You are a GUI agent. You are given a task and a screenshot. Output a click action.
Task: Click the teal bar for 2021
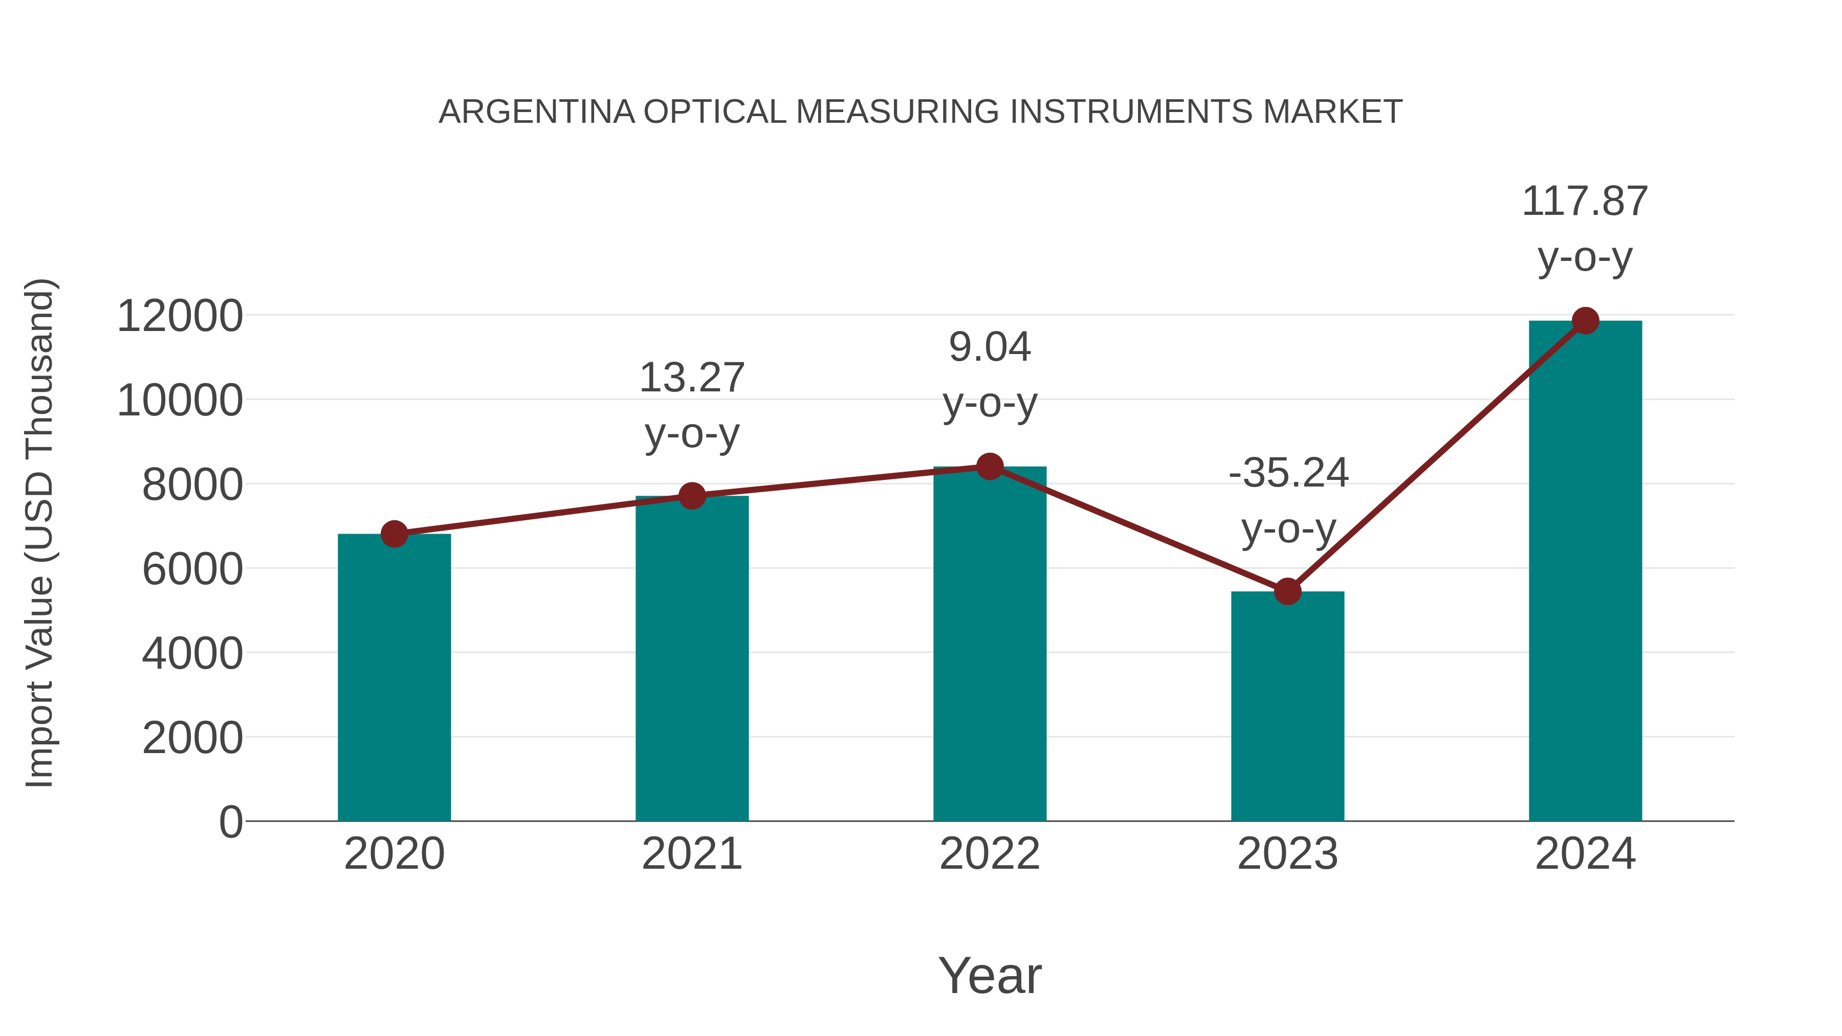691,658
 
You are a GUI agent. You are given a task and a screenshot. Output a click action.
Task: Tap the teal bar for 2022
990,644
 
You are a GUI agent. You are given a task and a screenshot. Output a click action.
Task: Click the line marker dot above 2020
394,534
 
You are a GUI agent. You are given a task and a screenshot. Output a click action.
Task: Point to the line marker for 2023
1287,591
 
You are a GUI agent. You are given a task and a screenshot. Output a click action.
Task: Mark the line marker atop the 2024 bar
1585,321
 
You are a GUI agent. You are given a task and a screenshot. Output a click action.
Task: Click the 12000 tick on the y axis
180,316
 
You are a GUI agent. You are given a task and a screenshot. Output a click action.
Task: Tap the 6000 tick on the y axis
192,569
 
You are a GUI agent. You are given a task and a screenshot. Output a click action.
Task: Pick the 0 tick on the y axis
230,822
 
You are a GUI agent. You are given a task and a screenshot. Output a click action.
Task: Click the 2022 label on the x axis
990,854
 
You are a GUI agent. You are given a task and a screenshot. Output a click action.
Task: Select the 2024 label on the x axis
1585,854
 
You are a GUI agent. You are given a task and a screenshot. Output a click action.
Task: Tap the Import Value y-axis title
40,533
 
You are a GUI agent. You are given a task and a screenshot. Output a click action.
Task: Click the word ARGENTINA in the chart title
536,112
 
